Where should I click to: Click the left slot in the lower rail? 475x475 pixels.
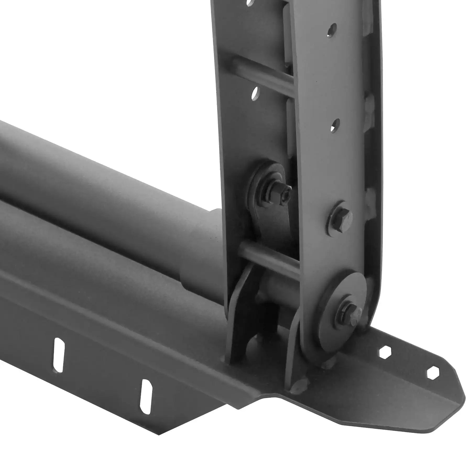(x=58, y=355)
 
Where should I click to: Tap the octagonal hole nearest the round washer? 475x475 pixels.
(x=384, y=352)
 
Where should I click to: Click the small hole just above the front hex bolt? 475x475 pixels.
(x=335, y=125)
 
